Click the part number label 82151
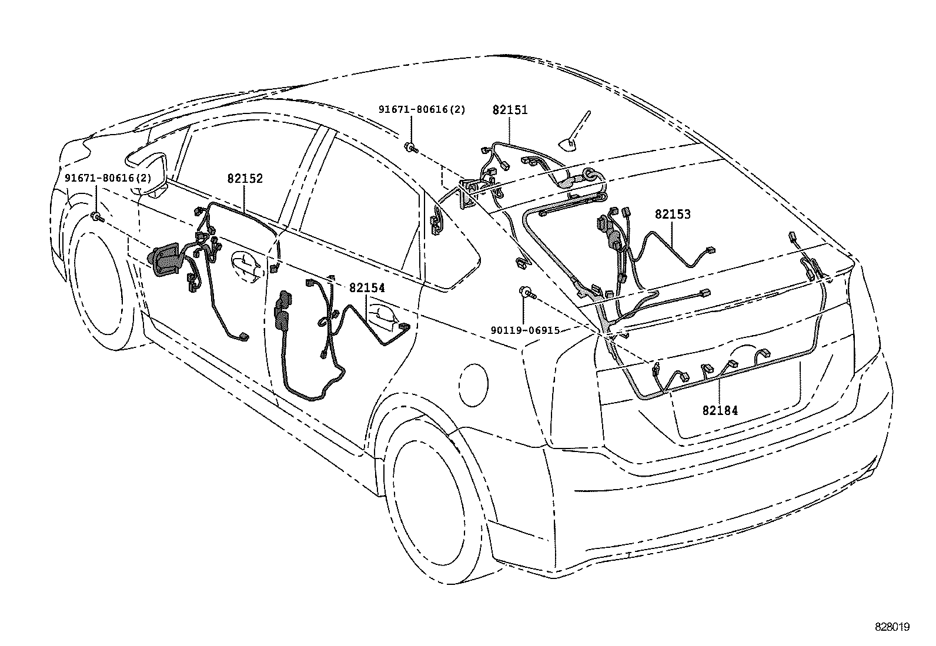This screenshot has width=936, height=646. [x=510, y=109]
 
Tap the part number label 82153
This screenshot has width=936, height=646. [x=673, y=215]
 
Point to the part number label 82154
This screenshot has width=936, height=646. [x=367, y=288]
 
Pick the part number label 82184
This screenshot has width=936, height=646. [x=720, y=410]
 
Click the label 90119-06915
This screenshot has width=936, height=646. [x=525, y=331]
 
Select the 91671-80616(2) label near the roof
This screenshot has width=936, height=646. [x=422, y=109]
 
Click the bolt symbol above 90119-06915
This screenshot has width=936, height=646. [x=525, y=292]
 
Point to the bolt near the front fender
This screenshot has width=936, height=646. [x=97, y=218]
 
